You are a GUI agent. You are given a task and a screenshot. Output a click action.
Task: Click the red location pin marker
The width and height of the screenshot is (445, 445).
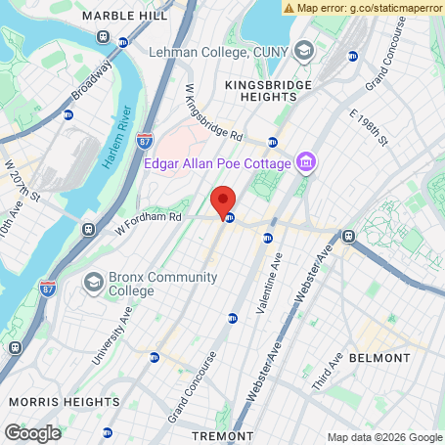[x=223, y=200]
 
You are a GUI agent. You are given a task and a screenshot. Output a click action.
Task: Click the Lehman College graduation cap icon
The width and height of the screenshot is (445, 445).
[x=304, y=50]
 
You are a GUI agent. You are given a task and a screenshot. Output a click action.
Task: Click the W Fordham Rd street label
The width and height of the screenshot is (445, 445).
[x=149, y=224]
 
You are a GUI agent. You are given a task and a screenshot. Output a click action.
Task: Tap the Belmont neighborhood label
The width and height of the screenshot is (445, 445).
[x=378, y=359]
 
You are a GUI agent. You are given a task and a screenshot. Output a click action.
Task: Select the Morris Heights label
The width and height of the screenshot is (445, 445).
[x=56, y=402]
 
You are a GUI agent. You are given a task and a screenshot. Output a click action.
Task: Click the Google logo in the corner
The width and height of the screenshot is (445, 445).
[x=32, y=432]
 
